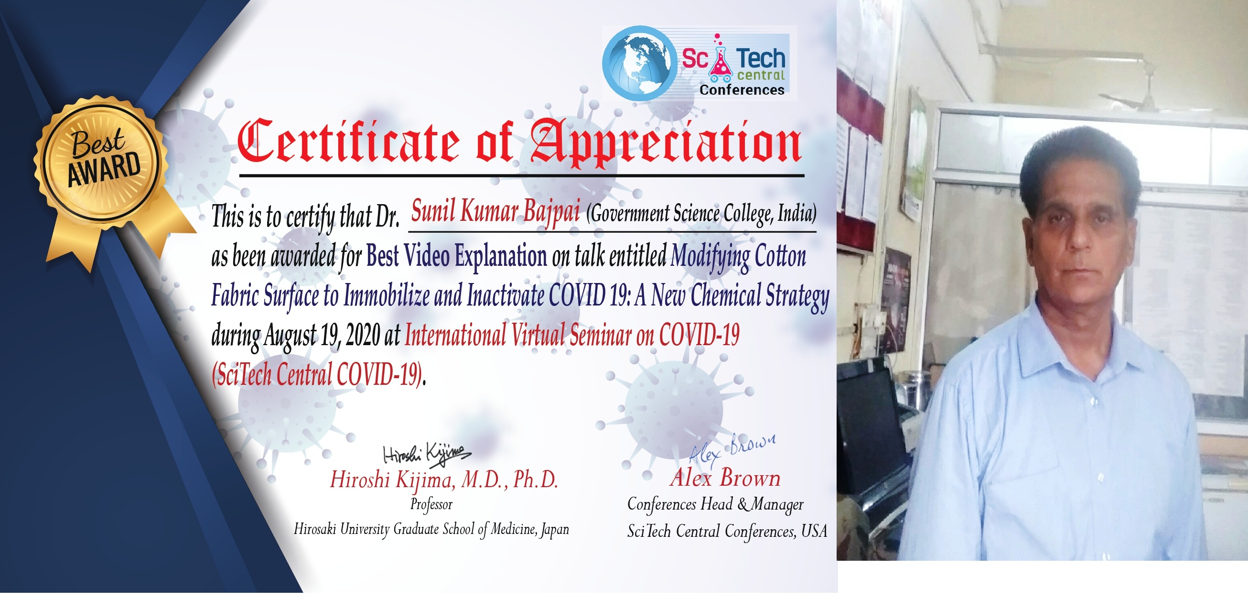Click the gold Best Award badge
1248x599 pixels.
point(102,160)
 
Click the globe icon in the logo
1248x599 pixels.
point(639,64)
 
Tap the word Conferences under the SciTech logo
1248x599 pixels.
point(742,90)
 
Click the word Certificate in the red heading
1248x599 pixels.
point(348,142)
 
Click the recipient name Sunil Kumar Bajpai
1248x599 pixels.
point(495,211)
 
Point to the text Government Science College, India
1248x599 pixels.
point(701,214)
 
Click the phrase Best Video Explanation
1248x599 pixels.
point(456,255)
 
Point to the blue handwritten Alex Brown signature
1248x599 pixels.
point(732,448)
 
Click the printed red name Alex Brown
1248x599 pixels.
point(725,479)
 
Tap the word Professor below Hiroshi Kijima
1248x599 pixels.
point(431,504)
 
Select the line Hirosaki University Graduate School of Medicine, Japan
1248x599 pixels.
point(431,529)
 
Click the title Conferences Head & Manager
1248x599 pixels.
point(715,504)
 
